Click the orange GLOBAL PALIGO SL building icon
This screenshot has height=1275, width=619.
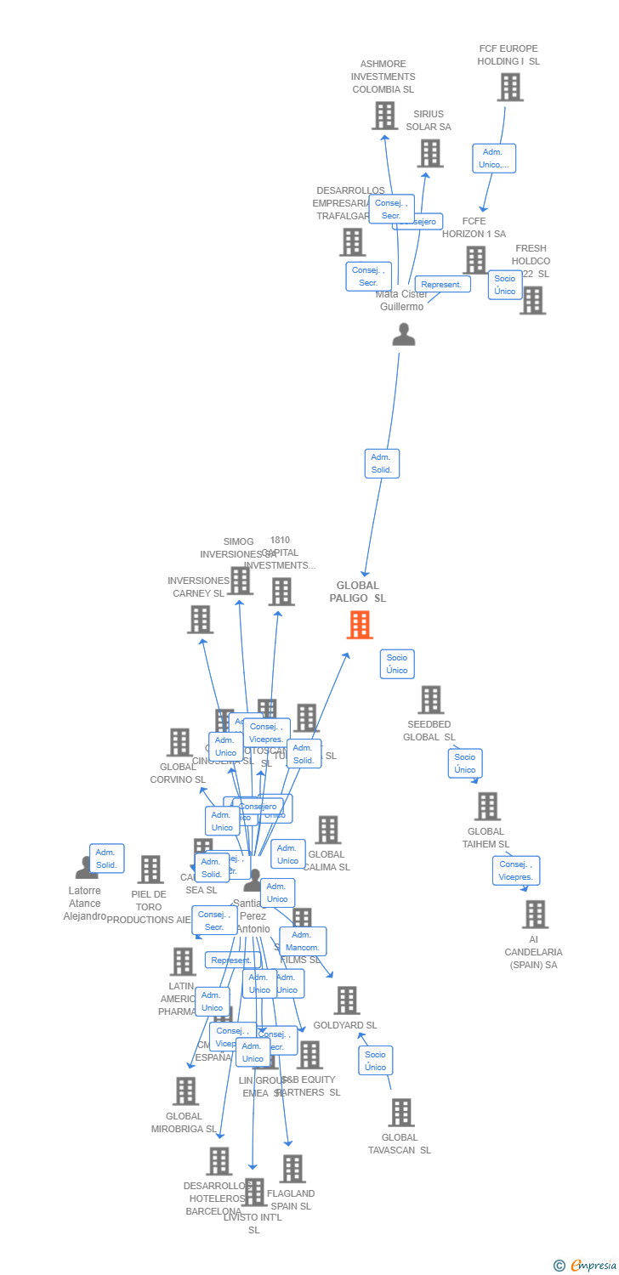[360, 625]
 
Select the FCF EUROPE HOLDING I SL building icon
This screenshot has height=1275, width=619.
[509, 87]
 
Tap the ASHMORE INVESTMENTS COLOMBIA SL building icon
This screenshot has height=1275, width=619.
[384, 116]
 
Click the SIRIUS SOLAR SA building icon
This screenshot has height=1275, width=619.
[430, 153]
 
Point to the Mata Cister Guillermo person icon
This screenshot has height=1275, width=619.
[404, 334]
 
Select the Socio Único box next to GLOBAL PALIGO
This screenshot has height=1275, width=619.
[397, 664]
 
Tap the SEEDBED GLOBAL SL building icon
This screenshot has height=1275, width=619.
[431, 700]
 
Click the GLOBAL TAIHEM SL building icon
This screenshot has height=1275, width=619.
[487, 806]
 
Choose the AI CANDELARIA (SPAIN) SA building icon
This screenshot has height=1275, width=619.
[535, 914]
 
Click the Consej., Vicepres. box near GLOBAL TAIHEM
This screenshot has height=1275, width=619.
[515, 870]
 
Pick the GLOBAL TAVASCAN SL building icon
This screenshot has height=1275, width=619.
[400, 1112]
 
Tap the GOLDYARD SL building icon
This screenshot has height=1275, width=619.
[346, 1000]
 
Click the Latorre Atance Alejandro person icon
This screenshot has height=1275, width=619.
[87, 869]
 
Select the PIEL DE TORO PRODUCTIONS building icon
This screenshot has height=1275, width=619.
[150, 869]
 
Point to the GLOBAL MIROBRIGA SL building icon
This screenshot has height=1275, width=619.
[185, 1091]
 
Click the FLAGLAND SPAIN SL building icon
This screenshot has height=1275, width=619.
[292, 1169]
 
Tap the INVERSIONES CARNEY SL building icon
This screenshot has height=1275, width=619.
[201, 620]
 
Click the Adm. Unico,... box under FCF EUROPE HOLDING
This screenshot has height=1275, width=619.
[494, 158]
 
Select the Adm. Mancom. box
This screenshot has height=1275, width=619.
[303, 941]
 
